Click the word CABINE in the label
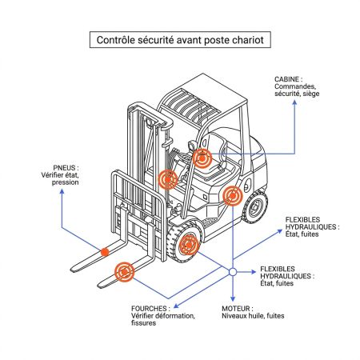coord(286,80)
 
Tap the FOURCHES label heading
coord(150,307)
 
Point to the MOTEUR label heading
coord(238,307)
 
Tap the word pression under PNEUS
coord(66,183)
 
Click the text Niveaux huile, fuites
coord(253,315)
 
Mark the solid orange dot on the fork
coord(105,253)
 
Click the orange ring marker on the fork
coord(125,272)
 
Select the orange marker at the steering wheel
coord(204,159)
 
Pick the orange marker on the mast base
coord(168,180)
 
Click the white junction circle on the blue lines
coord(232,272)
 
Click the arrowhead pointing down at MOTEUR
coord(232,299)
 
